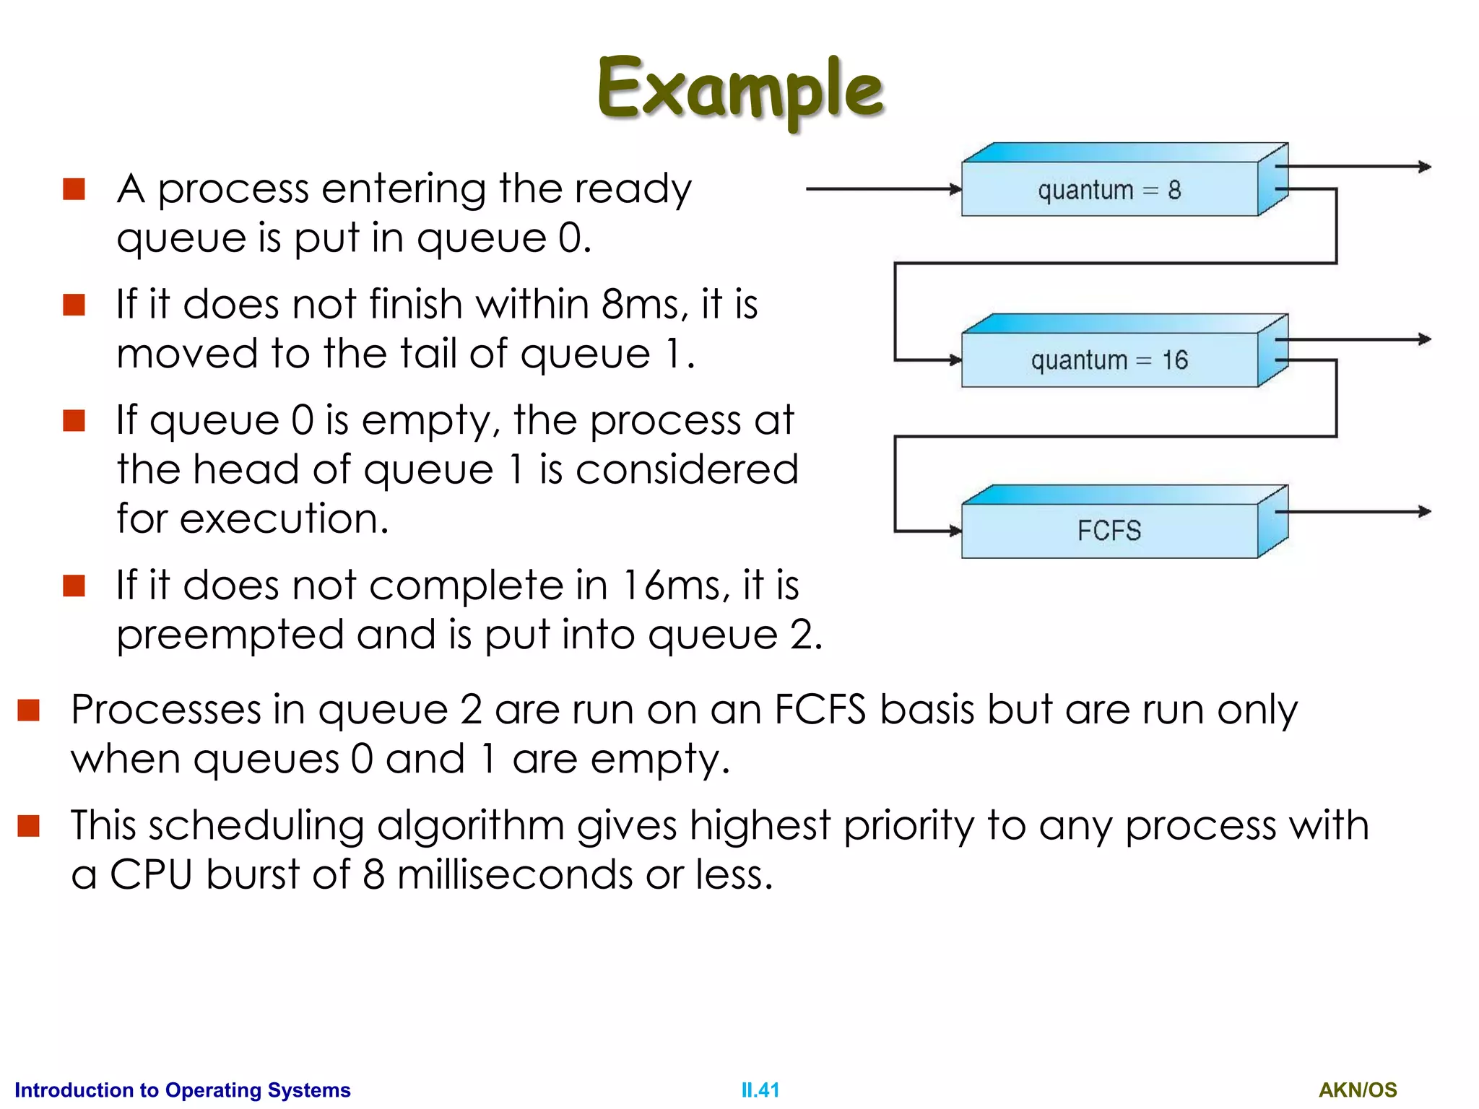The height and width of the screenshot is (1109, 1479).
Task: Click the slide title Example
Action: tap(740, 88)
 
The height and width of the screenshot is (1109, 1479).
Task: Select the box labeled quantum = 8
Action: tap(1109, 189)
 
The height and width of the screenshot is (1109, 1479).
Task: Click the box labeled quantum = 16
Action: tap(1109, 360)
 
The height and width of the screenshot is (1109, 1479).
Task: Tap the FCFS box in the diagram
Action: tap(1109, 531)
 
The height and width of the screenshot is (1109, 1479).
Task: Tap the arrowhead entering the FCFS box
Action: tap(955, 531)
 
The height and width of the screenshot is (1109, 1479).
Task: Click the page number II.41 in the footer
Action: tap(760, 1090)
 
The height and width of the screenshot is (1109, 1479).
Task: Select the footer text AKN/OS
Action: tap(1358, 1090)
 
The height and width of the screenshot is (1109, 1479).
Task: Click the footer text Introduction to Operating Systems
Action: tap(183, 1090)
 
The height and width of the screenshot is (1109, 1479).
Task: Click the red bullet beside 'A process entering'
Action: tap(74, 189)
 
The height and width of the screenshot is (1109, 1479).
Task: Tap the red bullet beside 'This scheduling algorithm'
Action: tap(28, 825)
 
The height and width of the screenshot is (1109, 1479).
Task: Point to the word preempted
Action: tap(230, 635)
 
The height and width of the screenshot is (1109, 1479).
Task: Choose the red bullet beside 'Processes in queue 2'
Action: tap(28, 710)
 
